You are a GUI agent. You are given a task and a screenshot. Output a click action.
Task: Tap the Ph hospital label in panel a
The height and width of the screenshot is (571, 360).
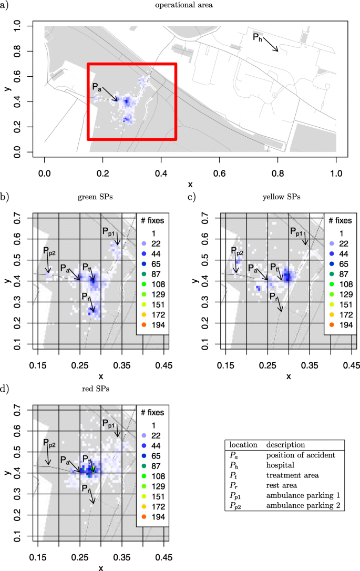point(257,37)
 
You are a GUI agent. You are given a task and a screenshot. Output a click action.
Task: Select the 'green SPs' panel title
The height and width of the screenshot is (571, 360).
point(100,197)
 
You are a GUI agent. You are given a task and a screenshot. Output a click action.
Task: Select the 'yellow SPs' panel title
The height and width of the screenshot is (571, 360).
point(288,197)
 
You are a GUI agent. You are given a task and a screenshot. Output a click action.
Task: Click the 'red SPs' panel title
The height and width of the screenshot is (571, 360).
point(100,390)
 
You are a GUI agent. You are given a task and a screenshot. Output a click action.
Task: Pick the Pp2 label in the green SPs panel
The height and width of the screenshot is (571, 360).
point(49,252)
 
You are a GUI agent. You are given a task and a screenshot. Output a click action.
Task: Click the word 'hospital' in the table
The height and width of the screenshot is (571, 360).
point(279,465)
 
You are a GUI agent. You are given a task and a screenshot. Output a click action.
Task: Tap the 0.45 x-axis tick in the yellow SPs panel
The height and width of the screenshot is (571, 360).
point(351,364)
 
